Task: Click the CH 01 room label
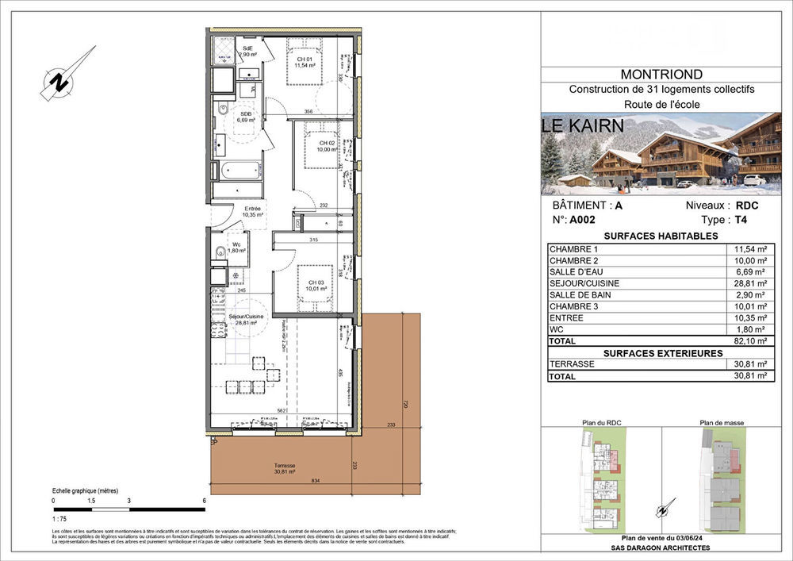point(304,63)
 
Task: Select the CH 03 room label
point(316,286)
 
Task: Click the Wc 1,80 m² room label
point(236,247)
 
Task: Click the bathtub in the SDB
point(239,171)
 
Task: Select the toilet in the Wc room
point(220,253)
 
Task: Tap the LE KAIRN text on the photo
point(582,125)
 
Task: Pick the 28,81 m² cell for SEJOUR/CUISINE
point(750,282)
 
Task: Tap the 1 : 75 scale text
point(60,518)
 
